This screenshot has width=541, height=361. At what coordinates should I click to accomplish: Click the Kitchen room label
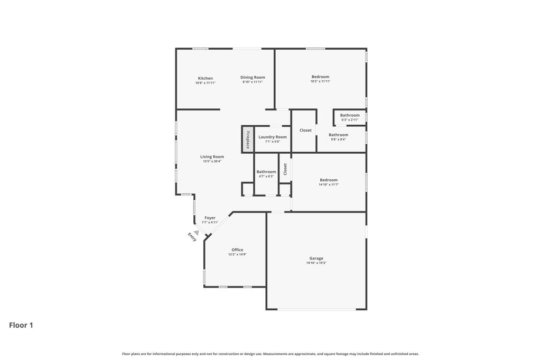pyautogui.click(x=206, y=78)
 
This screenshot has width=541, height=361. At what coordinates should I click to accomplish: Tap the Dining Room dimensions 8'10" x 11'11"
pyautogui.click(x=253, y=82)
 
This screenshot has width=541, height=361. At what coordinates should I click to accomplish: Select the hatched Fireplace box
pyautogui.click(x=247, y=139)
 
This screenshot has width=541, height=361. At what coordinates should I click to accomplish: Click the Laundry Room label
pyautogui.click(x=273, y=137)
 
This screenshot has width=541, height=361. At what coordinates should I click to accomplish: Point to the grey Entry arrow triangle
pyautogui.click(x=197, y=233)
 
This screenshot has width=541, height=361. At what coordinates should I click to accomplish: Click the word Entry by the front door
pyautogui.click(x=192, y=237)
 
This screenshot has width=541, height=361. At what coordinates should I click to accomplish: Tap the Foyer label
pyautogui.click(x=210, y=218)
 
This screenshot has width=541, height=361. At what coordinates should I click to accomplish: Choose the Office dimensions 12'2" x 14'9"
pyautogui.click(x=237, y=254)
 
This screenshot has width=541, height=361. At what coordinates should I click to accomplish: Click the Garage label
pyautogui.click(x=316, y=258)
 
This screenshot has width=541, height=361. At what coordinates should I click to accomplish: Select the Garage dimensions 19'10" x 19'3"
pyautogui.click(x=316, y=263)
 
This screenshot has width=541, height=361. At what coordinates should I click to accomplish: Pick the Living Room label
pyautogui.click(x=212, y=156)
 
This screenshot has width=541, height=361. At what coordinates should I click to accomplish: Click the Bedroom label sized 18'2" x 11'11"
pyautogui.click(x=321, y=77)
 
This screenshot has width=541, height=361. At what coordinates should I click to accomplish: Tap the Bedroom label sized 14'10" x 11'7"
pyautogui.click(x=329, y=180)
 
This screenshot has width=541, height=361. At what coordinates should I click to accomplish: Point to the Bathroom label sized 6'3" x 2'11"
pyautogui.click(x=350, y=115)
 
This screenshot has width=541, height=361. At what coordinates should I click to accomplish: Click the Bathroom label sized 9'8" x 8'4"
pyautogui.click(x=339, y=135)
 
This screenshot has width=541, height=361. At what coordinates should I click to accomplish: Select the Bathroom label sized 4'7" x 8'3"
pyautogui.click(x=266, y=172)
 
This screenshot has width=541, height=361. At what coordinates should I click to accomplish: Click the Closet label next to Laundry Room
pyautogui.click(x=306, y=130)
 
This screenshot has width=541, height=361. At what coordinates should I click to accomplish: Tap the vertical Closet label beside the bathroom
pyautogui.click(x=285, y=169)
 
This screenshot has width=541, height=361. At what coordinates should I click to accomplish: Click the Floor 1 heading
pyautogui.click(x=21, y=325)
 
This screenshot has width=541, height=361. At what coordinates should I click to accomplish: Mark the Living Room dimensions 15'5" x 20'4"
pyautogui.click(x=212, y=162)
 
